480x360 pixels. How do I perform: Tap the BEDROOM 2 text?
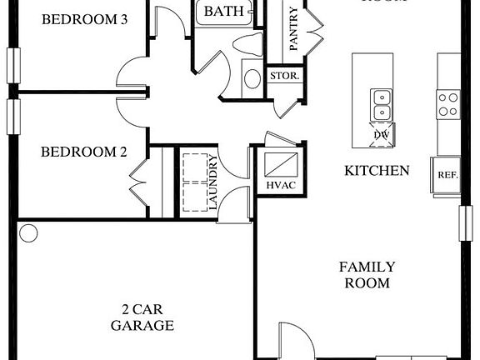click(x=84, y=152)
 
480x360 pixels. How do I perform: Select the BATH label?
click(x=224, y=11)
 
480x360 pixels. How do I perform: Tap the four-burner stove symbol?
click(x=447, y=103)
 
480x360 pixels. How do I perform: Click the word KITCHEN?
click(x=377, y=171)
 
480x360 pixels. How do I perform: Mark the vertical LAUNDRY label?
click(x=213, y=182)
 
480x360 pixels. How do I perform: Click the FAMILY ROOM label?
click(x=367, y=275)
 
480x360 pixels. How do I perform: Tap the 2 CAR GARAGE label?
click(x=142, y=317)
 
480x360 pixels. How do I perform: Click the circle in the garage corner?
click(x=27, y=232)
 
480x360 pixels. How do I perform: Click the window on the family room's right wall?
click(x=465, y=225)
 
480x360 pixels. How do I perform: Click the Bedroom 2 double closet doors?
click(x=140, y=177)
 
